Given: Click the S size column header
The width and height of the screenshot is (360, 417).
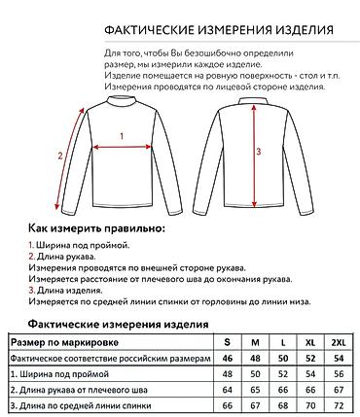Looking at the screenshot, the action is click(x=228, y=343).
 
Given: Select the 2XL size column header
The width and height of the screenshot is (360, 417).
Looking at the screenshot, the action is click(x=338, y=343).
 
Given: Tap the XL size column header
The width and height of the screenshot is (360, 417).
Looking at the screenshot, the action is click(x=310, y=343).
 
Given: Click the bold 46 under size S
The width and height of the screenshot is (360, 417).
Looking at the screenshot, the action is click(x=228, y=359).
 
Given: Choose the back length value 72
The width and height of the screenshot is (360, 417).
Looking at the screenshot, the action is click(x=338, y=404).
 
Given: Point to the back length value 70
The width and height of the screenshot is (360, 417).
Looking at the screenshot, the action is click(x=310, y=404).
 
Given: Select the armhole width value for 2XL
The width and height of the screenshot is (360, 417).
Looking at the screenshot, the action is click(x=338, y=374).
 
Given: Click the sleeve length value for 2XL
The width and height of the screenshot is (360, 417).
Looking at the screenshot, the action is click(x=338, y=389).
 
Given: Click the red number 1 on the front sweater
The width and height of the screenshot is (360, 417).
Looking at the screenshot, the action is click(x=121, y=137).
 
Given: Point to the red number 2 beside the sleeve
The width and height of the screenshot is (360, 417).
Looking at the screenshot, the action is click(x=60, y=155).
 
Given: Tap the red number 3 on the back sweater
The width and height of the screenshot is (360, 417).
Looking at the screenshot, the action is click(x=258, y=152).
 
